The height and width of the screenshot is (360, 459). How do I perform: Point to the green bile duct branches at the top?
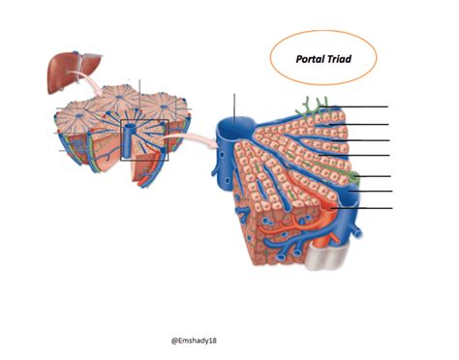pyautogui.click(x=315, y=105)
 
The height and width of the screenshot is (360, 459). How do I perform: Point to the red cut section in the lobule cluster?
pyautogui.click(x=145, y=169)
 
